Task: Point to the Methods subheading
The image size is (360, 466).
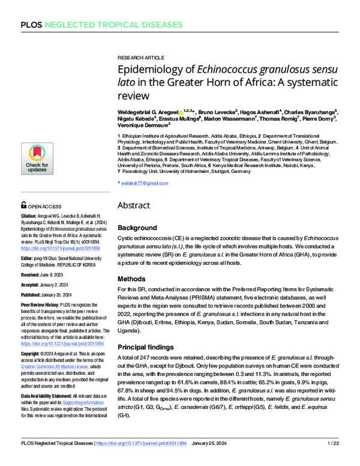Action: coord(132,279)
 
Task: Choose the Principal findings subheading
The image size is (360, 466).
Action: coord(148,346)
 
